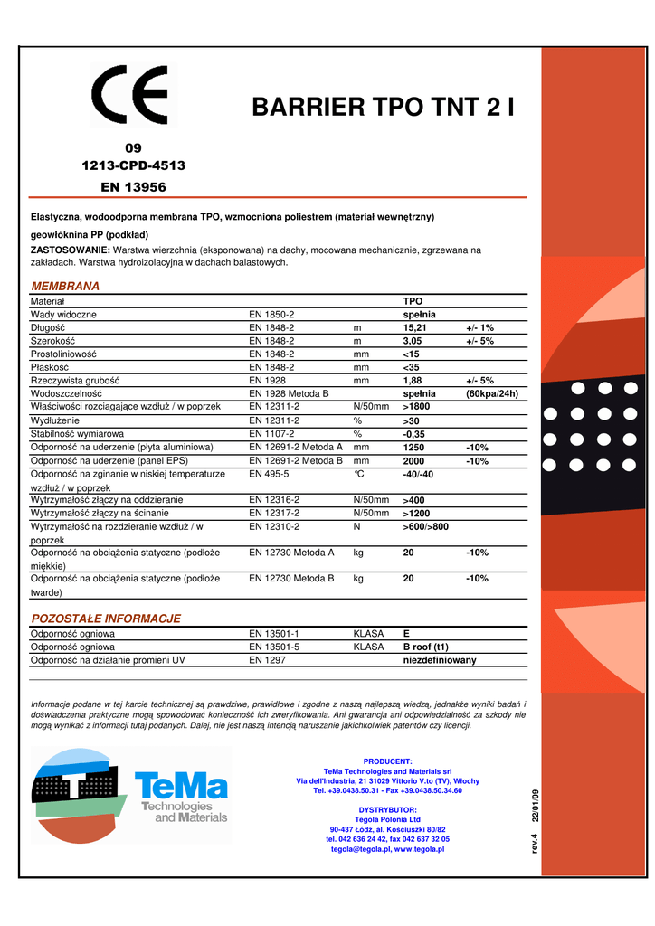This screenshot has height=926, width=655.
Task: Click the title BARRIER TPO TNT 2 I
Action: [384, 108]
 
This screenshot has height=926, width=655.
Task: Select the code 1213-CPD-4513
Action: [134, 165]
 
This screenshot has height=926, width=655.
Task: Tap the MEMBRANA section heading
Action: [65, 286]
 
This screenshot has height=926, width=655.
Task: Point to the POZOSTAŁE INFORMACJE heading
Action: [106, 619]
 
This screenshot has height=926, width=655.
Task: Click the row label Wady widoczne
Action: [63, 314]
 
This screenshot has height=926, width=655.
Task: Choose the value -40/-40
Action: [418, 475]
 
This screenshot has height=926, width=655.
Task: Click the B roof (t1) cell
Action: [425, 647]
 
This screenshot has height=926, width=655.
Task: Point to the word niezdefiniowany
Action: [439, 660]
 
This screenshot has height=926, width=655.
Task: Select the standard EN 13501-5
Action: [274, 647]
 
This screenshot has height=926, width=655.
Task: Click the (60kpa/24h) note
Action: [492, 394]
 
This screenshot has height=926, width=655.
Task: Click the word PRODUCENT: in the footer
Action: [387, 761]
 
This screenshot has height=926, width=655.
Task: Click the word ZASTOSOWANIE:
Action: [71, 250]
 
